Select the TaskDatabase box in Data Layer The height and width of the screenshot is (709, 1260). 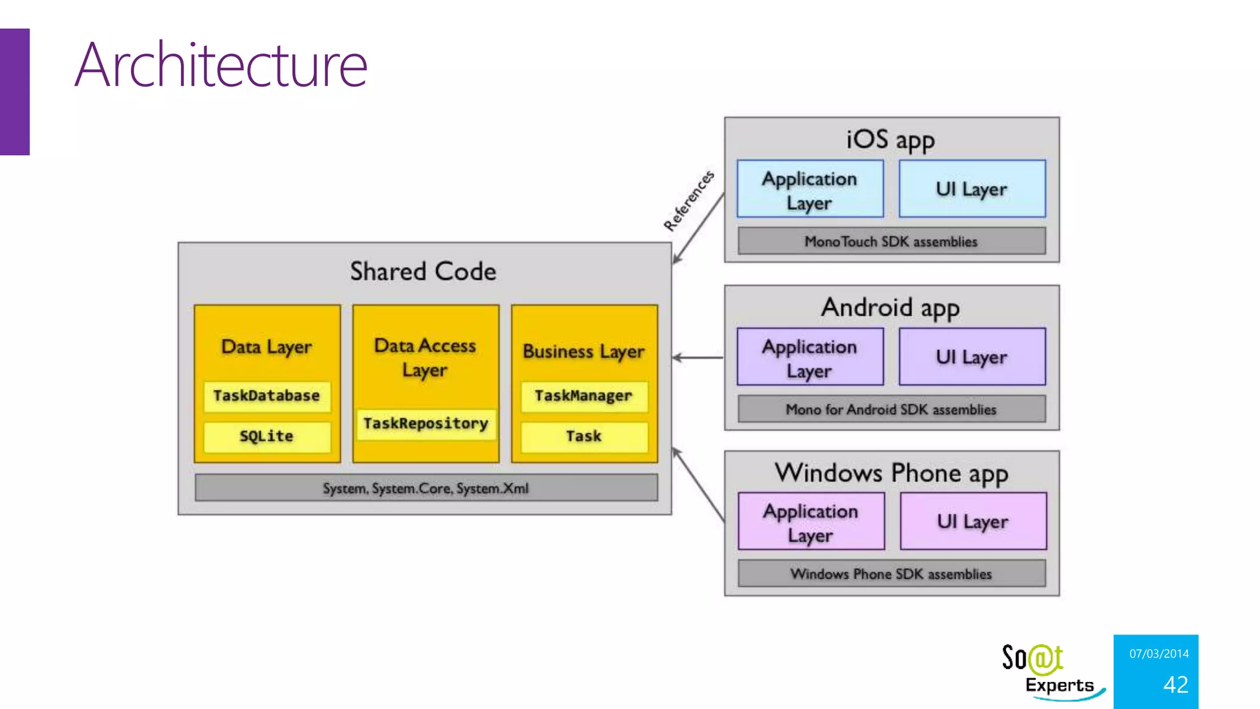click(267, 396)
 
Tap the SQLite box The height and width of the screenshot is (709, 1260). click(267, 436)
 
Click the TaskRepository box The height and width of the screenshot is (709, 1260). click(426, 423)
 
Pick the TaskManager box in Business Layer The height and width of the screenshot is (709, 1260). click(584, 396)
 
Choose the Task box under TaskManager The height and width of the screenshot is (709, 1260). click(584, 436)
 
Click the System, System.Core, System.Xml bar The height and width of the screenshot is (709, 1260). click(426, 487)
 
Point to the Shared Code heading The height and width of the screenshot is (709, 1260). click(423, 271)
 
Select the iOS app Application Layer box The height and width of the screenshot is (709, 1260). click(810, 189)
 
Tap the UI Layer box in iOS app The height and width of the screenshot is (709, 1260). click(972, 189)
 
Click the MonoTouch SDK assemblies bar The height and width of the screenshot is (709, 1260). click(891, 241)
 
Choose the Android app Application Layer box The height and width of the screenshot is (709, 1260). click(810, 357)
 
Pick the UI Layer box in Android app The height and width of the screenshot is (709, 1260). click(972, 357)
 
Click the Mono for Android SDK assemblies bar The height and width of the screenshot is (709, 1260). click(891, 409)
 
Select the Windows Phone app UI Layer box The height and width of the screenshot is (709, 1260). click(973, 521)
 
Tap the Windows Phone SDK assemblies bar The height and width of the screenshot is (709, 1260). click(891, 574)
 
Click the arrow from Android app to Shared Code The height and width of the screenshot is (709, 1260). click(698, 358)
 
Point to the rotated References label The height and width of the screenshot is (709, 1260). click(689, 201)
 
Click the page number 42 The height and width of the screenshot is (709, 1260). click(1176, 684)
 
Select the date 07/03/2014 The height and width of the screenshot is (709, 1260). click(1159, 654)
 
